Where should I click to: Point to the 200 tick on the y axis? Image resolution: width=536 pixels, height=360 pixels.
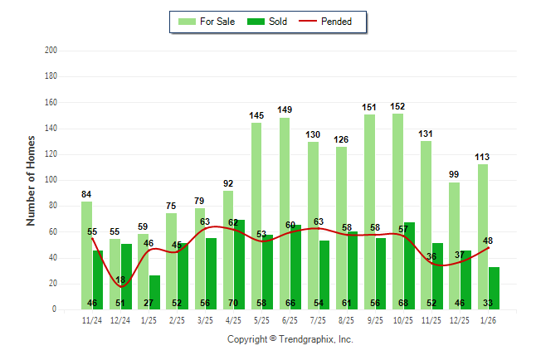[x=51, y=51]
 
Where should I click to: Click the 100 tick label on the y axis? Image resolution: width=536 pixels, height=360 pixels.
[x=51, y=180]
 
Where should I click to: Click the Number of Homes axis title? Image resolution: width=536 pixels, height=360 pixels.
[x=32, y=180]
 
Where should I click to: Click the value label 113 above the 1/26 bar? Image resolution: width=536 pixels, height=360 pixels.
[x=483, y=157]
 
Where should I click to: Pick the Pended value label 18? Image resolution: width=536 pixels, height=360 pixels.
[x=121, y=280]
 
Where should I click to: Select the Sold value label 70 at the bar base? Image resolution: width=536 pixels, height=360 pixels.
[x=234, y=304]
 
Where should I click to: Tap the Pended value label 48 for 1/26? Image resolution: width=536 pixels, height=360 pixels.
[x=488, y=241]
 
